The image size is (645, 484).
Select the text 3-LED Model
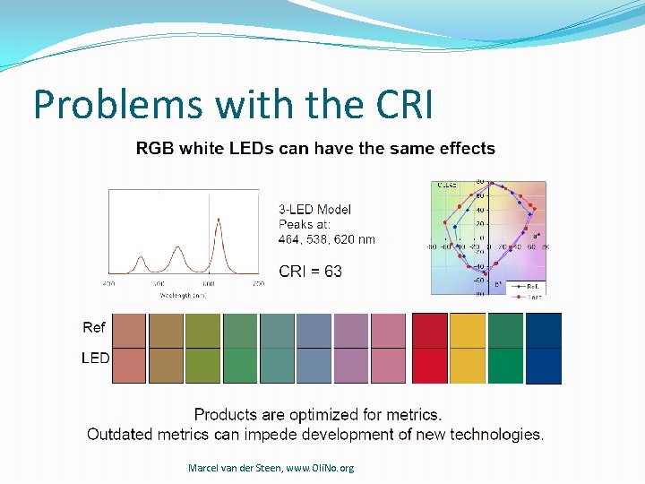click(315, 209)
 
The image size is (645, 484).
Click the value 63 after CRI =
click(332, 271)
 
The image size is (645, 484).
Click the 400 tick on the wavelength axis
click(108, 283)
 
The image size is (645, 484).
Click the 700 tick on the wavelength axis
click(256, 283)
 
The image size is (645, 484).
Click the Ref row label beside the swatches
click(94, 328)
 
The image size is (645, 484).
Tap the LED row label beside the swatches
click(96, 358)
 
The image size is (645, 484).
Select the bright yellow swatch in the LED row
click(467, 366)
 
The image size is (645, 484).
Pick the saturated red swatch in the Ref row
click(429, 330)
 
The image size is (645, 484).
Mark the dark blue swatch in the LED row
click(543, 366)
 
